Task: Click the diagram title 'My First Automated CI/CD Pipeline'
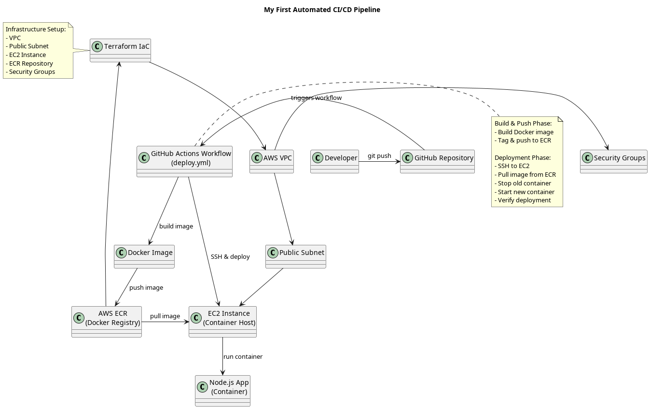point(322,10)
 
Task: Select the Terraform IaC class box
point(120,50)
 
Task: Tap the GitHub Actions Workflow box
point(184,161)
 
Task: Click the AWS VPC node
point(272,161)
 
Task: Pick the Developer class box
point(334,161)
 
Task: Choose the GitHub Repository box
point(437,161)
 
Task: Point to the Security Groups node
point(613,161)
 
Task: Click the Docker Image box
point(144,256)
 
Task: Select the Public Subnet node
point(295,256)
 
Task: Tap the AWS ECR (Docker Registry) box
point(106,321)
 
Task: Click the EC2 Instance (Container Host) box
point(222,321)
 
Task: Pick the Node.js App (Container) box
point(222,390)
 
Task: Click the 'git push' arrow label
point(379,156)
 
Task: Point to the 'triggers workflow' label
point(316,98)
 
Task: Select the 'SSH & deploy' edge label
point(230,257)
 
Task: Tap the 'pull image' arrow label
point(165,316)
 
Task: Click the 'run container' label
point(243,357)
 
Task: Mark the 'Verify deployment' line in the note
point(523,200)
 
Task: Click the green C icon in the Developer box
point(318,158)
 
